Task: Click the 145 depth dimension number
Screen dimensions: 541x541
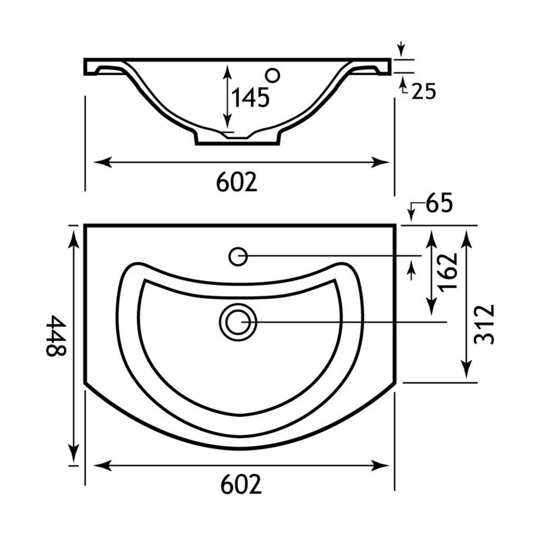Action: [x=250, y=97]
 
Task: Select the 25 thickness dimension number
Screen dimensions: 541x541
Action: [x=424, y=91]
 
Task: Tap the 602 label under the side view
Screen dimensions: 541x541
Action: [x=237, y=182]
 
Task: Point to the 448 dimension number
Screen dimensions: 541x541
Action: [x=56, y=335]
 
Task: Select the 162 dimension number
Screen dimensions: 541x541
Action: [x=448, y=273]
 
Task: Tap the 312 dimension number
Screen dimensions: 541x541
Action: [x=484, y=324]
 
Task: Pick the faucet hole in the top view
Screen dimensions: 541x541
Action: [x=238, y=257]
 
